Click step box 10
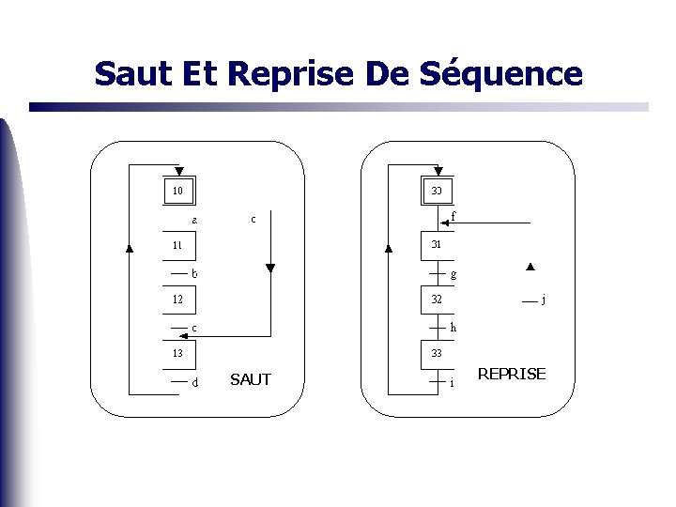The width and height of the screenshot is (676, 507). tap(177, 192)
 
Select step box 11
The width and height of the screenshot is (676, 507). tap(177, 246)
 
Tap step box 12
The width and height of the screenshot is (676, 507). tap(177, 300)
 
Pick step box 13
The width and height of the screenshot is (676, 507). tap(177, 354)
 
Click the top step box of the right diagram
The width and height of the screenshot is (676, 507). tap(437, 192)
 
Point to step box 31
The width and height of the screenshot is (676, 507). tap(437, 245)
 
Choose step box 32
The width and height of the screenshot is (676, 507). tap(437, 300)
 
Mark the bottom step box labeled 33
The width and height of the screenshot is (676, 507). tap(437, 354)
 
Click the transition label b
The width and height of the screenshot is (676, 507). tap(194, 274)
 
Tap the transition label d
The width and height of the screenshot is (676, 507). tap(194, 383)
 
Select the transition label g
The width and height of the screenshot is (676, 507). tap(453, 275)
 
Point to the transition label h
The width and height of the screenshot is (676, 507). tap(453, 328)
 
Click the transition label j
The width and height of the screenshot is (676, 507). tap(544, 300)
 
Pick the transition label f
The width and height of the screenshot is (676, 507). tap(453, 217)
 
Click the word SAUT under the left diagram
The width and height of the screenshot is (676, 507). tap(250, 379)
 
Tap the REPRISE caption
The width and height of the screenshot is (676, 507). tap(512, 374)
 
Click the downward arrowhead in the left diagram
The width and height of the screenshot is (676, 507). tap(270, 269)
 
